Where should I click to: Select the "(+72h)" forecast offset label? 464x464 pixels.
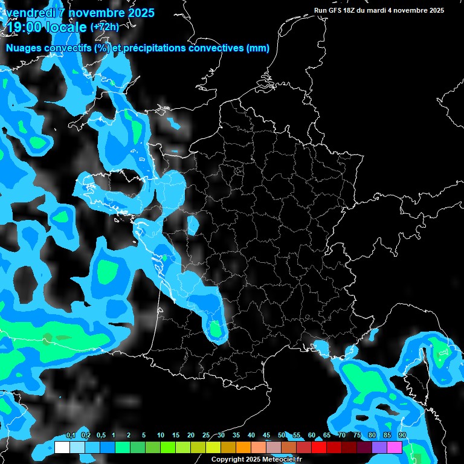[105, 27]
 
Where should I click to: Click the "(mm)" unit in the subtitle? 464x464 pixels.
[258, 48]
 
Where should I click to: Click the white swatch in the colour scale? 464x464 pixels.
[62, 447]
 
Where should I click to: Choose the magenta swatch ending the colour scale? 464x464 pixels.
[395, 447]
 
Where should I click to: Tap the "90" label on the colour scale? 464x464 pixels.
[402, 436]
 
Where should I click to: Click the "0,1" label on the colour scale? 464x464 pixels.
[70, 436]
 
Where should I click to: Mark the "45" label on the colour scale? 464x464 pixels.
[266, 436]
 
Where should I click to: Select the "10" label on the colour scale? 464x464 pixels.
[161, 436]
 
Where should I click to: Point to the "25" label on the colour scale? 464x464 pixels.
[206, 436]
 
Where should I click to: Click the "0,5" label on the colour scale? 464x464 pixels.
[100, 436]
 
